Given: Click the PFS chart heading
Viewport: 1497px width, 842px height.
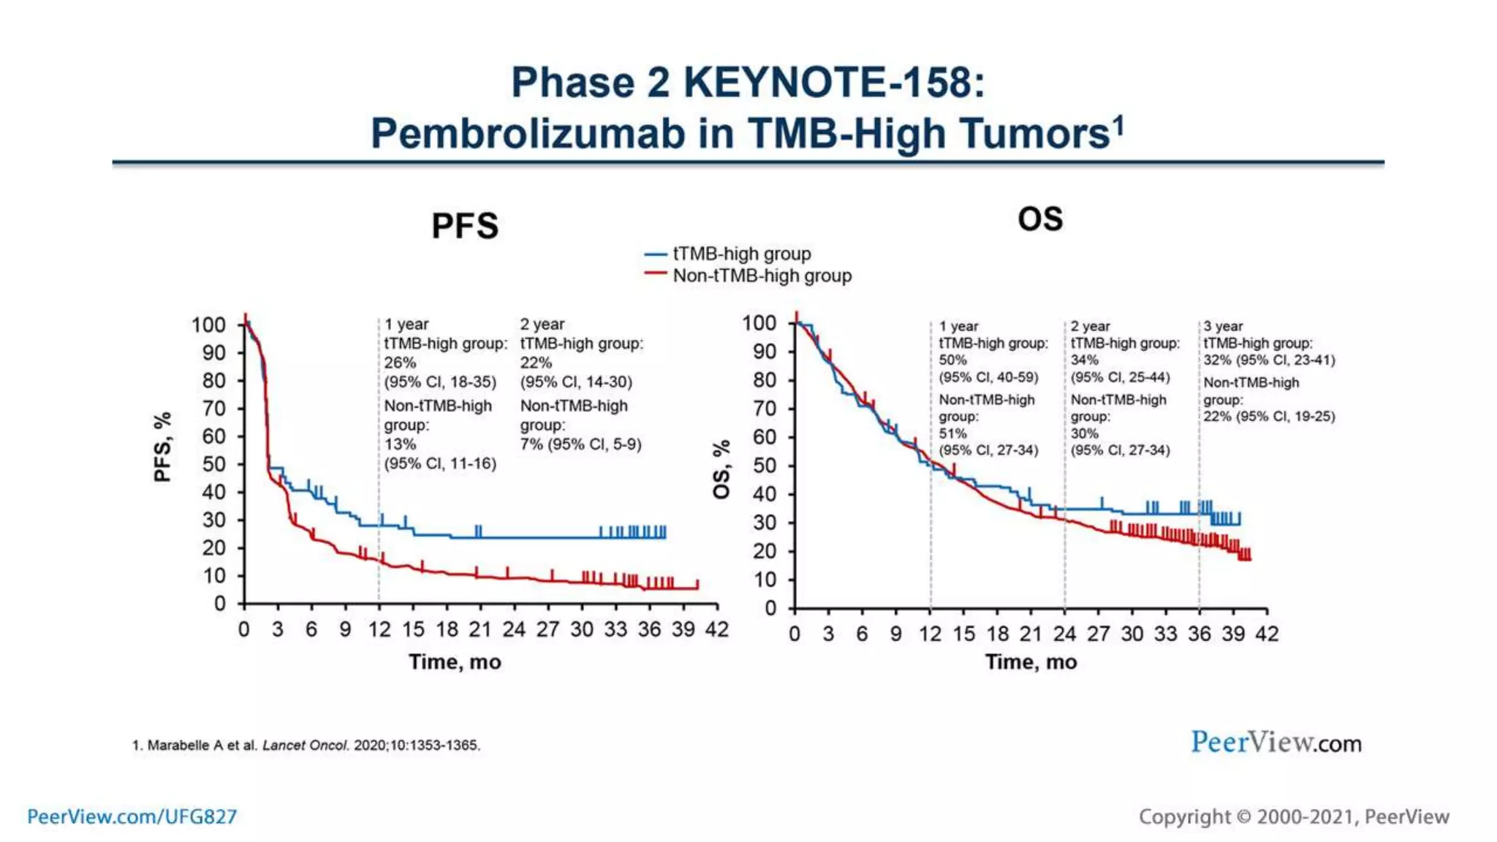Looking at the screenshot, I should point(465,226).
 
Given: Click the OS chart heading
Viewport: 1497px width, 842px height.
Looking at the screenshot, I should point(1040,219).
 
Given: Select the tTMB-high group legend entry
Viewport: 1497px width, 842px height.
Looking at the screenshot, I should point(741,254).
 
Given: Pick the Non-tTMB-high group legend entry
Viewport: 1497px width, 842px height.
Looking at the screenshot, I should point(762,276).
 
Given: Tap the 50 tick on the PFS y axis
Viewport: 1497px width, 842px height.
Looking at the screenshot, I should point(213,464).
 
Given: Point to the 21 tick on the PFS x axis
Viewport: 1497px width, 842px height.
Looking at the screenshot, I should point(480,629).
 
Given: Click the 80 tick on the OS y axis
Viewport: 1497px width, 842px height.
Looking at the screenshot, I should point(764,380).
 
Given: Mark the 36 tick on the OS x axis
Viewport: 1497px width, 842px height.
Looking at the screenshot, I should point(1199,634).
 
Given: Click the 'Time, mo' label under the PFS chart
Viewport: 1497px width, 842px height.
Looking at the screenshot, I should point(455,662).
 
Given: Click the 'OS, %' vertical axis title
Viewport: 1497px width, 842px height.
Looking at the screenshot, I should point(721,469).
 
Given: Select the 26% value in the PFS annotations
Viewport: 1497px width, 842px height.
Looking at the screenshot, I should point(400,363).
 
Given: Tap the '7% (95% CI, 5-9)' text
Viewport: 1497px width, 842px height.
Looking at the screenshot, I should point(580,444).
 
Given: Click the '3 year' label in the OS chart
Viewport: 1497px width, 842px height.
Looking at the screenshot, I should point(1223,326).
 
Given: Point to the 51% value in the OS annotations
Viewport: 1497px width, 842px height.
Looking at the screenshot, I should point(952,433).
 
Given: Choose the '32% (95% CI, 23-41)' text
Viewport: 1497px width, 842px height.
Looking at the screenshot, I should point(1269,360).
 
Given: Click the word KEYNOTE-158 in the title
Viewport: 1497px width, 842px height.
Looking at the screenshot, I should point(833,82).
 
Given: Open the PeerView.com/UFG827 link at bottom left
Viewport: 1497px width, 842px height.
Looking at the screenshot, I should point(132,816).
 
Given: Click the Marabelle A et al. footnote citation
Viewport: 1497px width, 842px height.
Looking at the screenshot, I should point(306,746).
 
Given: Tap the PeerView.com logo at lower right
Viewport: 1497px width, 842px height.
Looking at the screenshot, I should point(1276,743).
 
